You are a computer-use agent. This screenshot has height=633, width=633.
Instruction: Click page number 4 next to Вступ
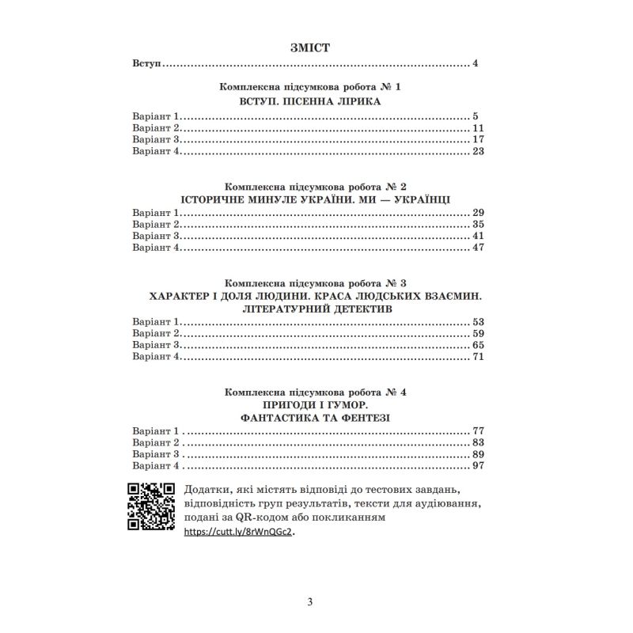(x=476, y=63)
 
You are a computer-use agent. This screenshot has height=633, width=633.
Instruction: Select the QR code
(x=151, y=507)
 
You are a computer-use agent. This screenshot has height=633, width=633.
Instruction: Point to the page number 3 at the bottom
(x=311, y=603)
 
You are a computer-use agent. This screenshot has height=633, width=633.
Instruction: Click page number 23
(x=477, y=152)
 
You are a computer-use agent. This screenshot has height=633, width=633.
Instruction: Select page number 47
(x=477, y=248)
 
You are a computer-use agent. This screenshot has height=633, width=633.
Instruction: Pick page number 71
(x=477, y=357)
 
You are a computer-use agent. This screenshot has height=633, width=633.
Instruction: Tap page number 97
(x=477, y=466)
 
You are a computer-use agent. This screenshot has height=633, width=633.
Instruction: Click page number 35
(x=477, y=225)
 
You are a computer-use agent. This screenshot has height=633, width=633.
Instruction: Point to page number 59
(x=477, y=334)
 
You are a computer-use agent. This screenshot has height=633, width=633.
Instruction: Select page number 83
(x=477, y=443)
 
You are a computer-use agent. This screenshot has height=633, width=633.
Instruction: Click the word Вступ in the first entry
(x=146, y=63)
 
